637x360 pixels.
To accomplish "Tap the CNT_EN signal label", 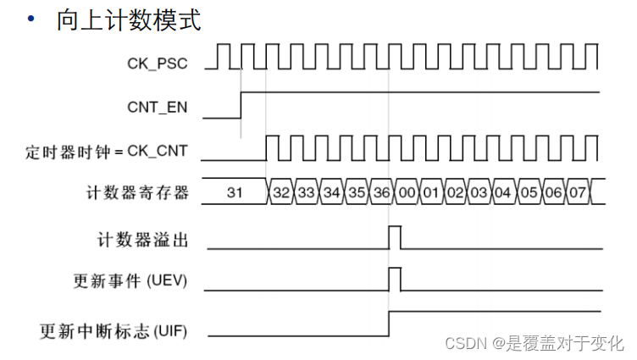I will (x=157, y=108).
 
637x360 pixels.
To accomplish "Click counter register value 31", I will (x=235, y=192).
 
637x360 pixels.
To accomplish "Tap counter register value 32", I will (x=281, y=192).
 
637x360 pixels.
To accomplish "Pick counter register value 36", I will (x=381, y=192).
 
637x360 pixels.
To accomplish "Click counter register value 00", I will (x=407, y=192).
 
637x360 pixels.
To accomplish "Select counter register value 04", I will (x=504, y=192).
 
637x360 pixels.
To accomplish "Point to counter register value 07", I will (x=578, y=192).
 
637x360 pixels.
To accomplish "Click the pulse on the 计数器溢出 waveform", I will (x=395, y=237).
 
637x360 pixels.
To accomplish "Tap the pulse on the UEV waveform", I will (x=395, y=279).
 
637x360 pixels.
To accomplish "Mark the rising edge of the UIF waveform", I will (x=389, y=323).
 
